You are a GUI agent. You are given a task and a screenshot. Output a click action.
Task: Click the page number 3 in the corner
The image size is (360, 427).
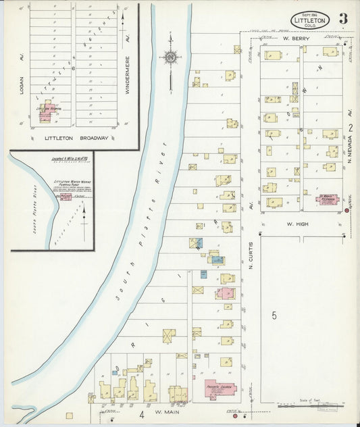[x=343, y=18]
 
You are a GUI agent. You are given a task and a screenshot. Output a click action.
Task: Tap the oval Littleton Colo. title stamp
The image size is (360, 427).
[x=311, y=20]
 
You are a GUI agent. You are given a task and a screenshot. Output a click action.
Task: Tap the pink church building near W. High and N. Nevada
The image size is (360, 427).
[x=328, y=199]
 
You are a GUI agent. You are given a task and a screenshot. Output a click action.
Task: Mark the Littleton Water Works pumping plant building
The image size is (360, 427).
[x=66, y=197]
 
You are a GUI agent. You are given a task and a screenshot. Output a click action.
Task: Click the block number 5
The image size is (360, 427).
[x=274, y=315]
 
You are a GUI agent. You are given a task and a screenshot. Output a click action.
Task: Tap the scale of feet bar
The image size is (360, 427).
[x=308, y=406]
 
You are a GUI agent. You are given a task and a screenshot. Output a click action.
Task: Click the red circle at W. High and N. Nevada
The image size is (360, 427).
[x=346, y=211]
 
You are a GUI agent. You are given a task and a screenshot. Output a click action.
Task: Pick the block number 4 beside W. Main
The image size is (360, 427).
[x=142, y=412]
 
